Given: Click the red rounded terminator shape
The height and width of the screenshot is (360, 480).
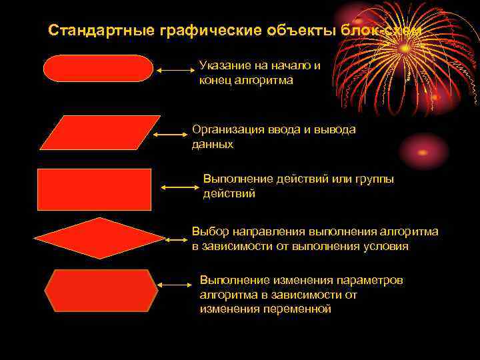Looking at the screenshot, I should click(98, 69).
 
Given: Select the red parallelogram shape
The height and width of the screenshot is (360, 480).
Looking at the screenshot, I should click(100, 133).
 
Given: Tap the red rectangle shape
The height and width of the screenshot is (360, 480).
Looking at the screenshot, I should click(95, 189).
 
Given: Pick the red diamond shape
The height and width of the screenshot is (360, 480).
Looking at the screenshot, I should click(99, 238).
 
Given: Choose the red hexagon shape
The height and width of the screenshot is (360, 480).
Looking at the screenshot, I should click(101, 291).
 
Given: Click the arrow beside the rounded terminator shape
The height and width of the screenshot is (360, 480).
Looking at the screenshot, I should click(175, 69).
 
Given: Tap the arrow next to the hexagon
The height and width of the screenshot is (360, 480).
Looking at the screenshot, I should click(175, 285).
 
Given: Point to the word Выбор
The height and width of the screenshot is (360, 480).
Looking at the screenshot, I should click(210, 231).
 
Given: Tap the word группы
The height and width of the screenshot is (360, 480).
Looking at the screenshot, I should click(375, 179).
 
